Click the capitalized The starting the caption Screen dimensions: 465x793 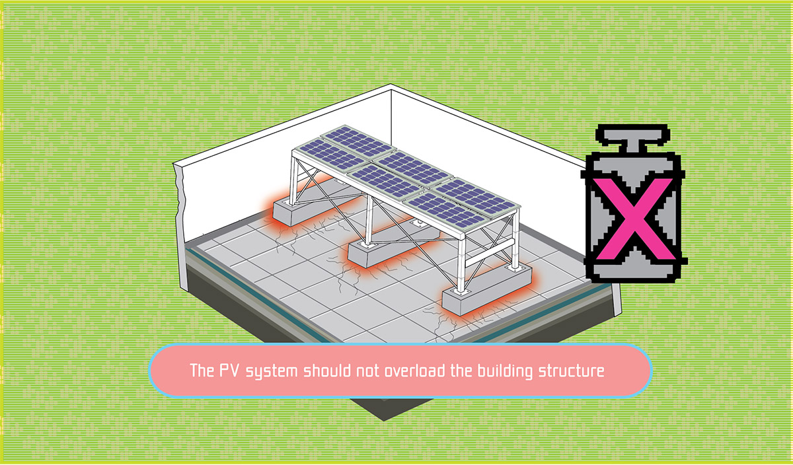point(200,371)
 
